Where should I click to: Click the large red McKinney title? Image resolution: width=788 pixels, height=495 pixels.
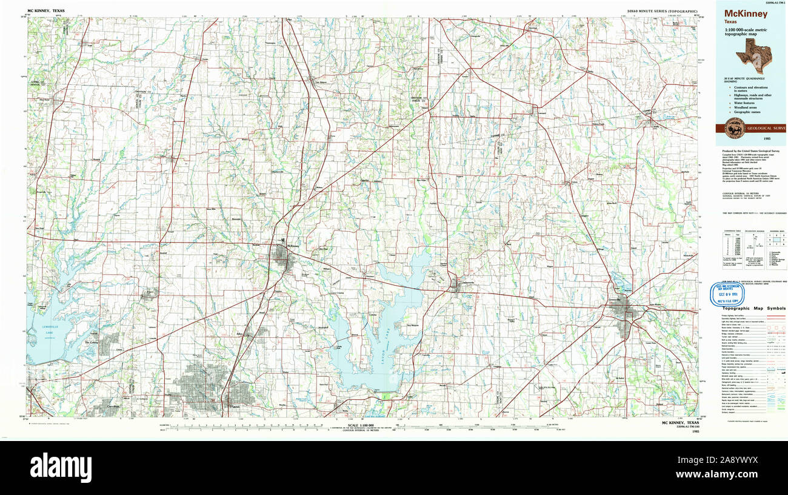[x=745, y=14]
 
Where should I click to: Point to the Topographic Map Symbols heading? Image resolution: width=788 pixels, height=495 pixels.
[x=753, y=308]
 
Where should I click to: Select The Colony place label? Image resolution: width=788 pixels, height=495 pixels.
[x=91, y=343]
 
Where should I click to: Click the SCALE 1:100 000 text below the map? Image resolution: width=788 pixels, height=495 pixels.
[x=359, y=425]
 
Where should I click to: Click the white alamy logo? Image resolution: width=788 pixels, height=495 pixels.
[x=61, y=467]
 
